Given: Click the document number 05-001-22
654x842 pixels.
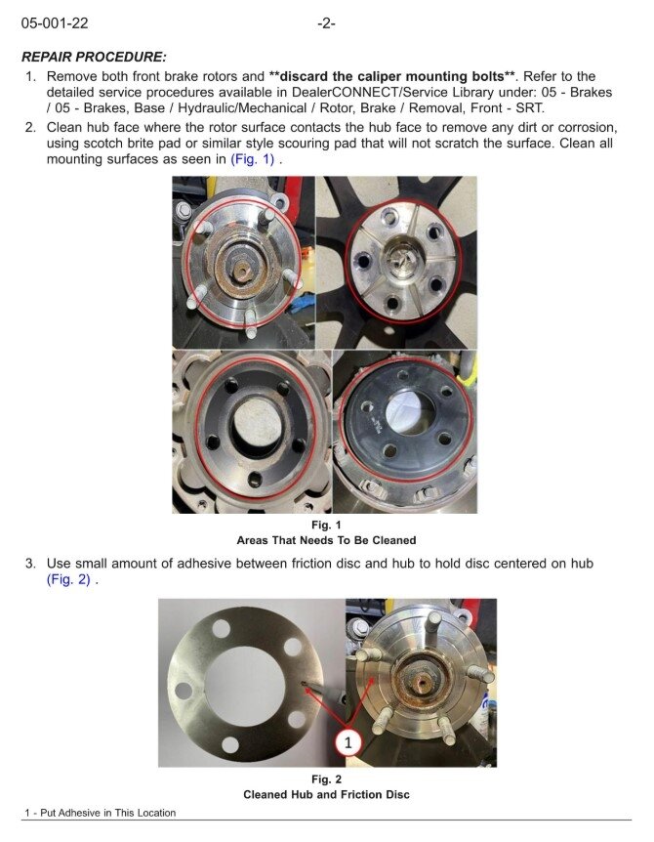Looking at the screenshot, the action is [x=55, y=23].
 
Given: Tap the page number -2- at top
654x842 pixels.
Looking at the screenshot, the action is [x=326, y=23].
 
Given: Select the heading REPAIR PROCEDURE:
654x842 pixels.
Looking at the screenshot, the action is [x=94, y=57].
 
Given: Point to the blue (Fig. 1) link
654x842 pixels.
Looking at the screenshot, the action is [x=253, y=159].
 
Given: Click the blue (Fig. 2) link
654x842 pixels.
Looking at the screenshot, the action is [x=68, y=580].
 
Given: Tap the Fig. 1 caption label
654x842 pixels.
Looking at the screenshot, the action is [x=326, y=525].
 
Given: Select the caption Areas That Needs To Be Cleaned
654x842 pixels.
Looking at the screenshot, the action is [x=326, y=540].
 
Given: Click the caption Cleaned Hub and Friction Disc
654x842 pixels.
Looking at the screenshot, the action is [x=326, y=795].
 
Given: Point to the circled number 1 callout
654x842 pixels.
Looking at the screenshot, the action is [x=348, y=742].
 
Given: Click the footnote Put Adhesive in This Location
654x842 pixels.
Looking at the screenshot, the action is [x=107, y=813].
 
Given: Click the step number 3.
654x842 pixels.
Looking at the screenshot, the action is [x=31, y=564].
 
